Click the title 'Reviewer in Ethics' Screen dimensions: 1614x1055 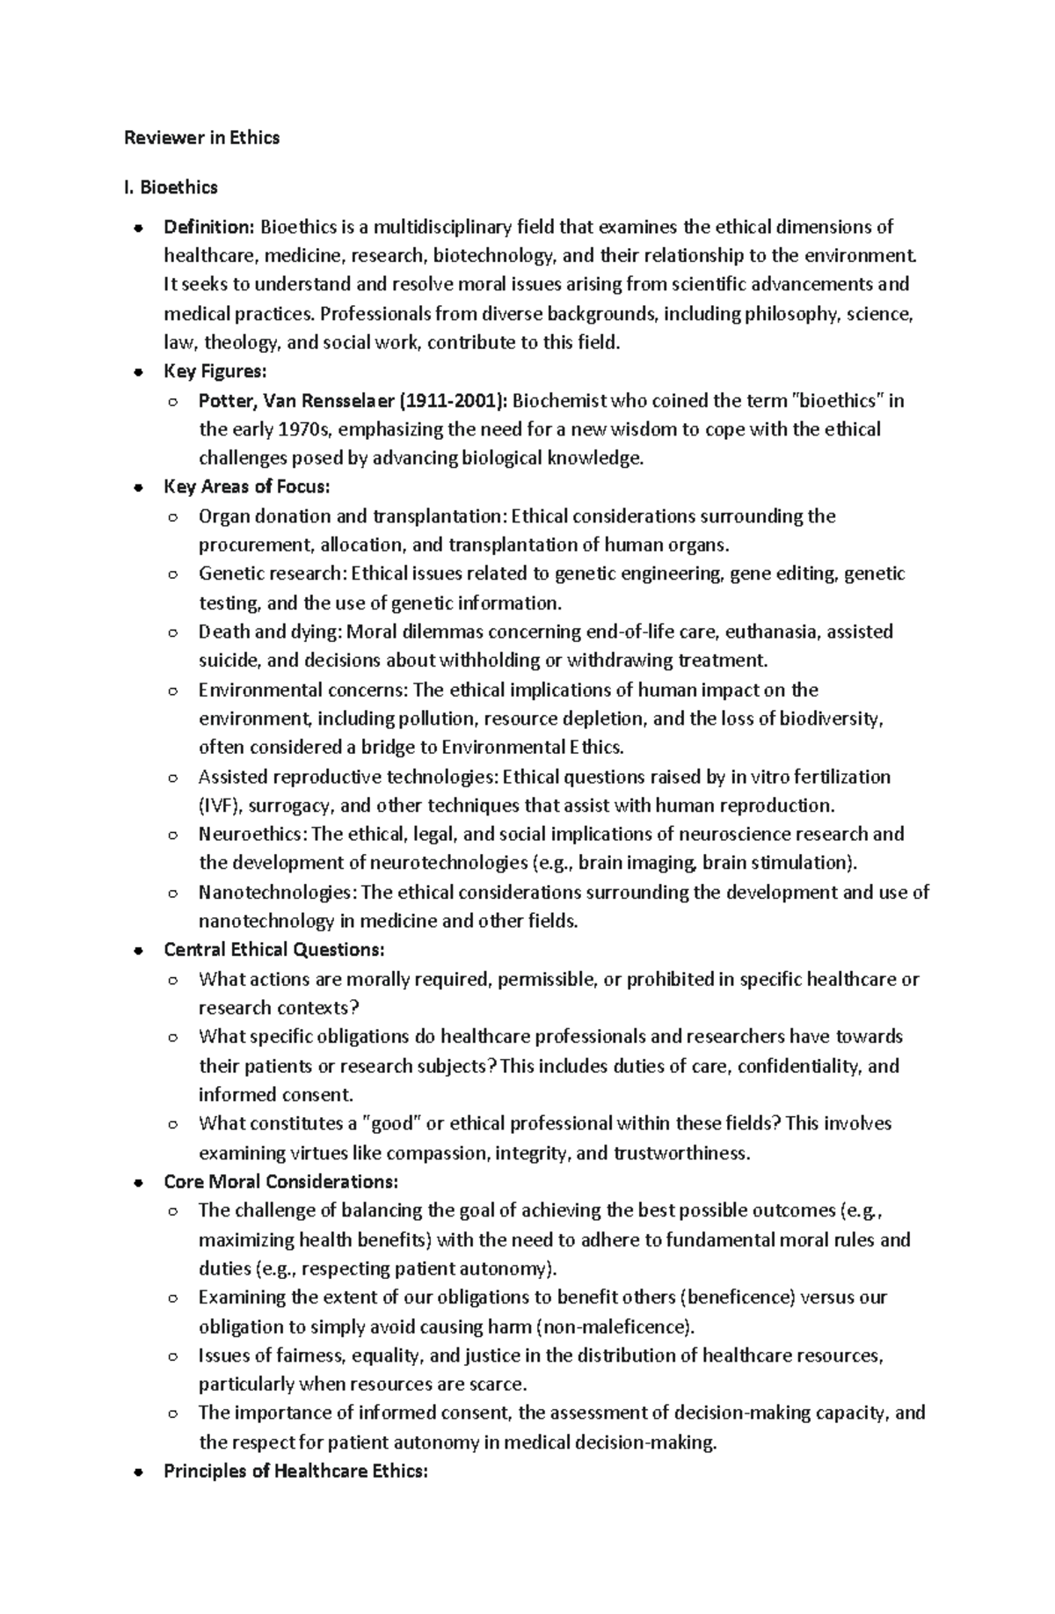pos(201,137)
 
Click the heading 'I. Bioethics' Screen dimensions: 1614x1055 pos(171,187)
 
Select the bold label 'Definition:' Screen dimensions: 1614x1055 pos(208,227)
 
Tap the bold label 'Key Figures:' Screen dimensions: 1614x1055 pos(215,371)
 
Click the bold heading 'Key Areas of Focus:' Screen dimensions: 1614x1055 pos(246,486)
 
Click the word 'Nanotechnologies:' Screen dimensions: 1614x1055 pos(278,893)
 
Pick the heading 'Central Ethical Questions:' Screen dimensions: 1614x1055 pos(274,950)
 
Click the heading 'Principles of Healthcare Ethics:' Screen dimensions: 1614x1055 pos(295,1471)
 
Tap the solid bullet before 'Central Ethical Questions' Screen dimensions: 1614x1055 pos(138,951)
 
